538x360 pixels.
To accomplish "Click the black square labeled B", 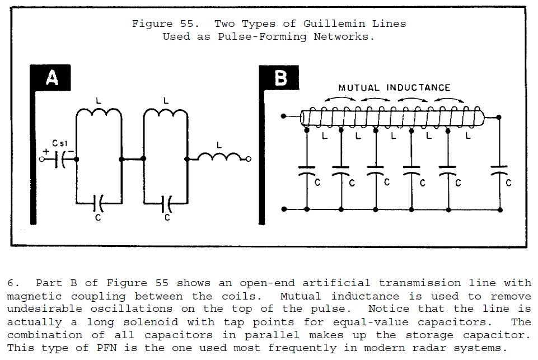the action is coord(279,78).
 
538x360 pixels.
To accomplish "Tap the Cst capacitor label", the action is coord(60,143).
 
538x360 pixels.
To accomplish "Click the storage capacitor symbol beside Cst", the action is coord(60,160).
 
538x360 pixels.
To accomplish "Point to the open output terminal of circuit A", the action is coord(249,159).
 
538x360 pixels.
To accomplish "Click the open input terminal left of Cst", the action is coord(42,159).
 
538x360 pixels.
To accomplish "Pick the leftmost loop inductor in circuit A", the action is coord(99,112).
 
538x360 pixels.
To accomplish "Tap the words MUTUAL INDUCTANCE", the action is coord(394,88).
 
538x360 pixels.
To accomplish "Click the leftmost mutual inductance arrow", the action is coord(340,98).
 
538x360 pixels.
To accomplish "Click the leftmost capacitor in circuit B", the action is coord(307,171).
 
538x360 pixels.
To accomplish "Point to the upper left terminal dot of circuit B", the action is coord(283,116).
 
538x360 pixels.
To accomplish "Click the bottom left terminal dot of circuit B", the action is coord(284,209).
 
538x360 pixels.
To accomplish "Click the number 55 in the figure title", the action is coord(187,24).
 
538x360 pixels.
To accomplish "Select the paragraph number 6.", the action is coord(11,283).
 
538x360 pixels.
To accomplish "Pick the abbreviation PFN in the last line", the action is coord(106,348).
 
